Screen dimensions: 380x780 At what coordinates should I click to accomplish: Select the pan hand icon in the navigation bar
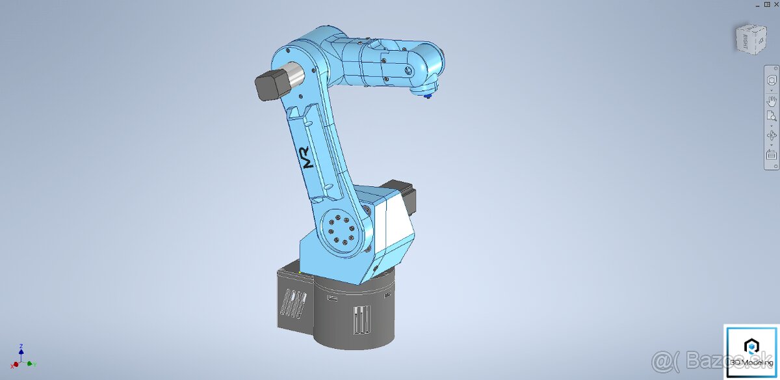click(x=772, y=100)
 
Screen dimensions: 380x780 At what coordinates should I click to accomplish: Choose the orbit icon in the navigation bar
click(x=772, y=135)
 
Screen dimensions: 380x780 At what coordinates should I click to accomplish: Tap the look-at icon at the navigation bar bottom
click(x=772, y=155)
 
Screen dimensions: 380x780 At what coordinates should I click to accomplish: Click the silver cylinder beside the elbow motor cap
click(x=294, y=77)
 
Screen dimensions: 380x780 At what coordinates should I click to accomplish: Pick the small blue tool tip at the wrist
click(x=427, y=97)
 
